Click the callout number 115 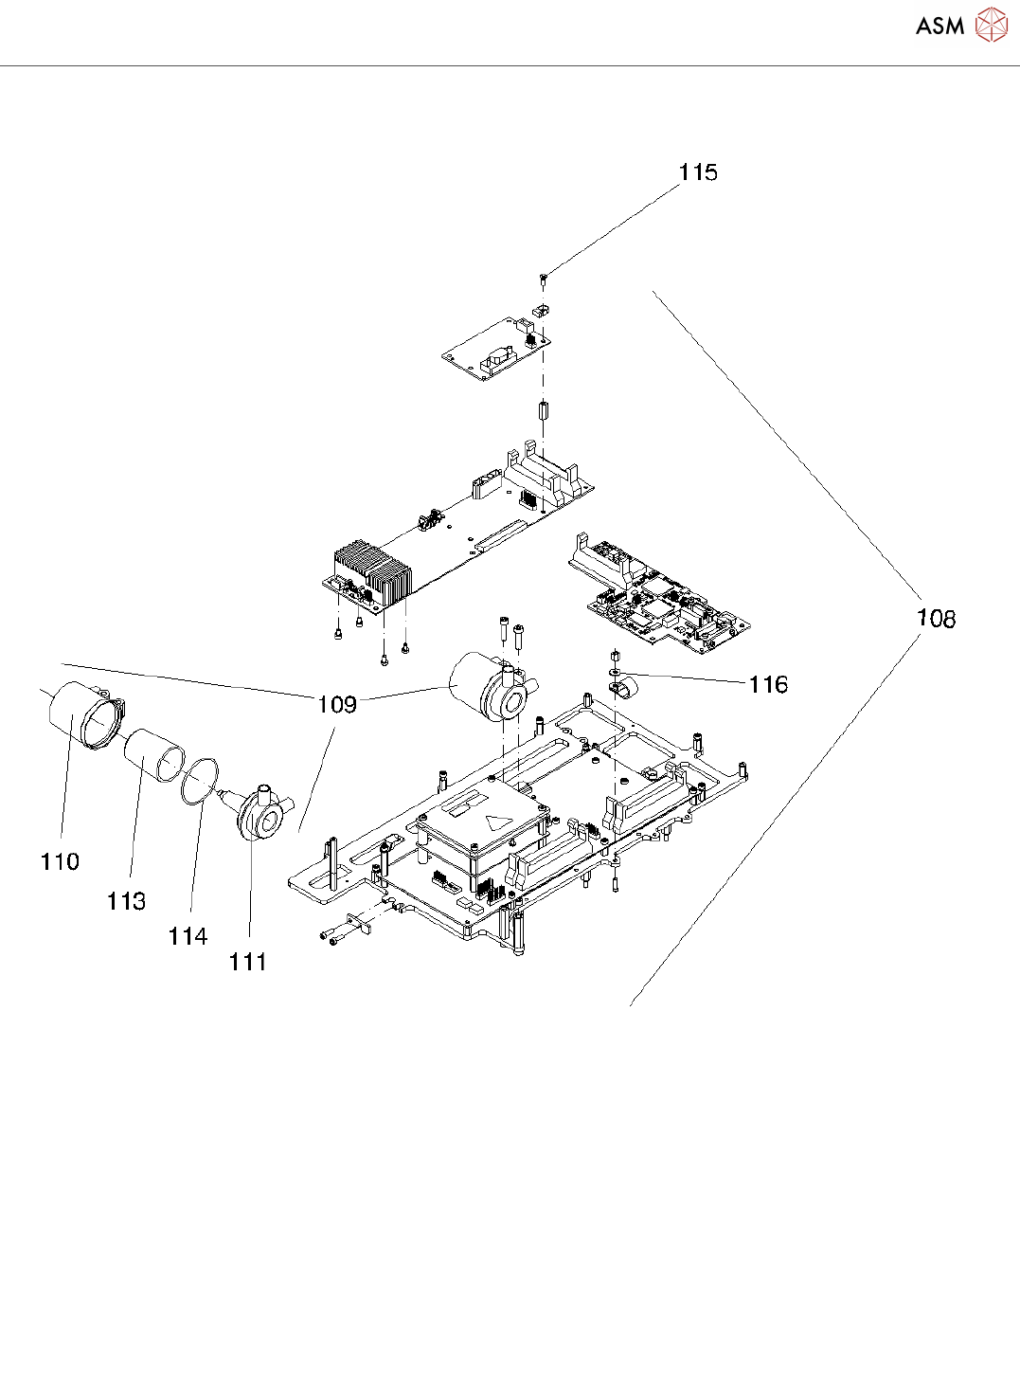point(698,172)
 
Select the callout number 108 point(936,619)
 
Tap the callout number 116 point(767,684)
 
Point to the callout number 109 point(337,704)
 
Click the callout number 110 point(60,861)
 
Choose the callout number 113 point(126,901)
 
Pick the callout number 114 point(188,936)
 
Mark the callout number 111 point(247,962)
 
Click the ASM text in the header point(939,27)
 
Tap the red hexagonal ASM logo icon point(992,26)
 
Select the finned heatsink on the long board point(372,571)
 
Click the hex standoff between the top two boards point(544,414)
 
